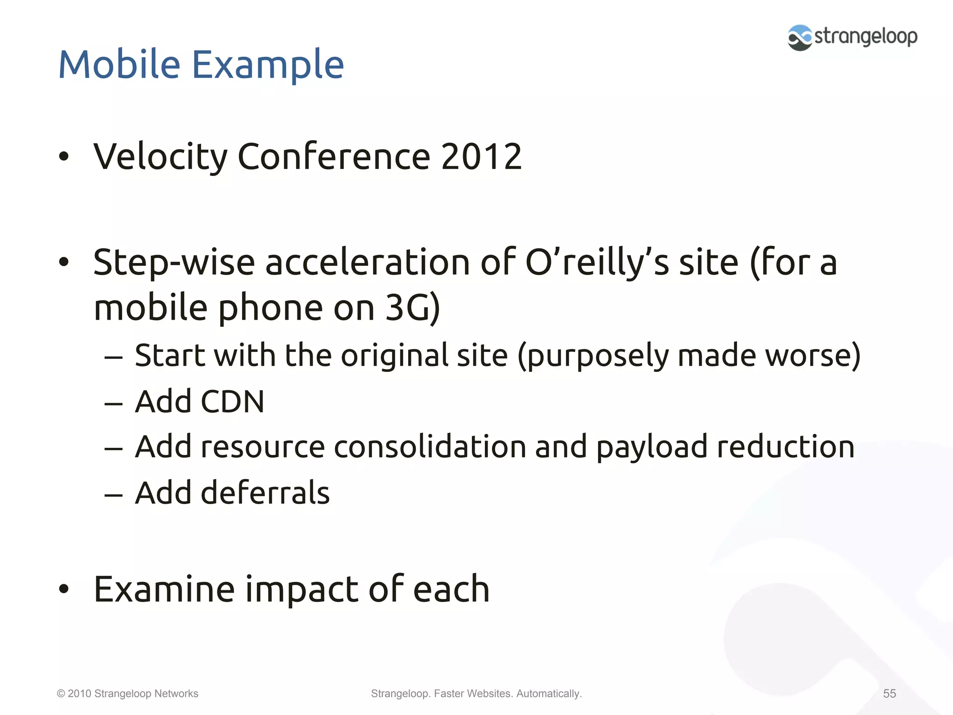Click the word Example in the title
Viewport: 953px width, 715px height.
click(268, 65)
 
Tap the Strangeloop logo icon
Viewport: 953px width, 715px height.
click(799, 38)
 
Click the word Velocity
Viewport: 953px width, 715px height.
click(161, 157)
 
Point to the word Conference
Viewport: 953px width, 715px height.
click(334, 156)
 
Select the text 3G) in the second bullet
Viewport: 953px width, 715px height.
click(413, 308)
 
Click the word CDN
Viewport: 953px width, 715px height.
click(233, 401)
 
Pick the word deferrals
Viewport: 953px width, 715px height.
click(265, 492)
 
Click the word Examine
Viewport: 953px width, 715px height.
click(164, 589)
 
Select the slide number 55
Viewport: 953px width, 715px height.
click(889, 694)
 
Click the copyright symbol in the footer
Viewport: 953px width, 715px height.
click(61, 694)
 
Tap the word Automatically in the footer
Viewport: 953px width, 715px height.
click(549, 694)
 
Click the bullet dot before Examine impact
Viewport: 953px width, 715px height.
click(64, 589)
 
